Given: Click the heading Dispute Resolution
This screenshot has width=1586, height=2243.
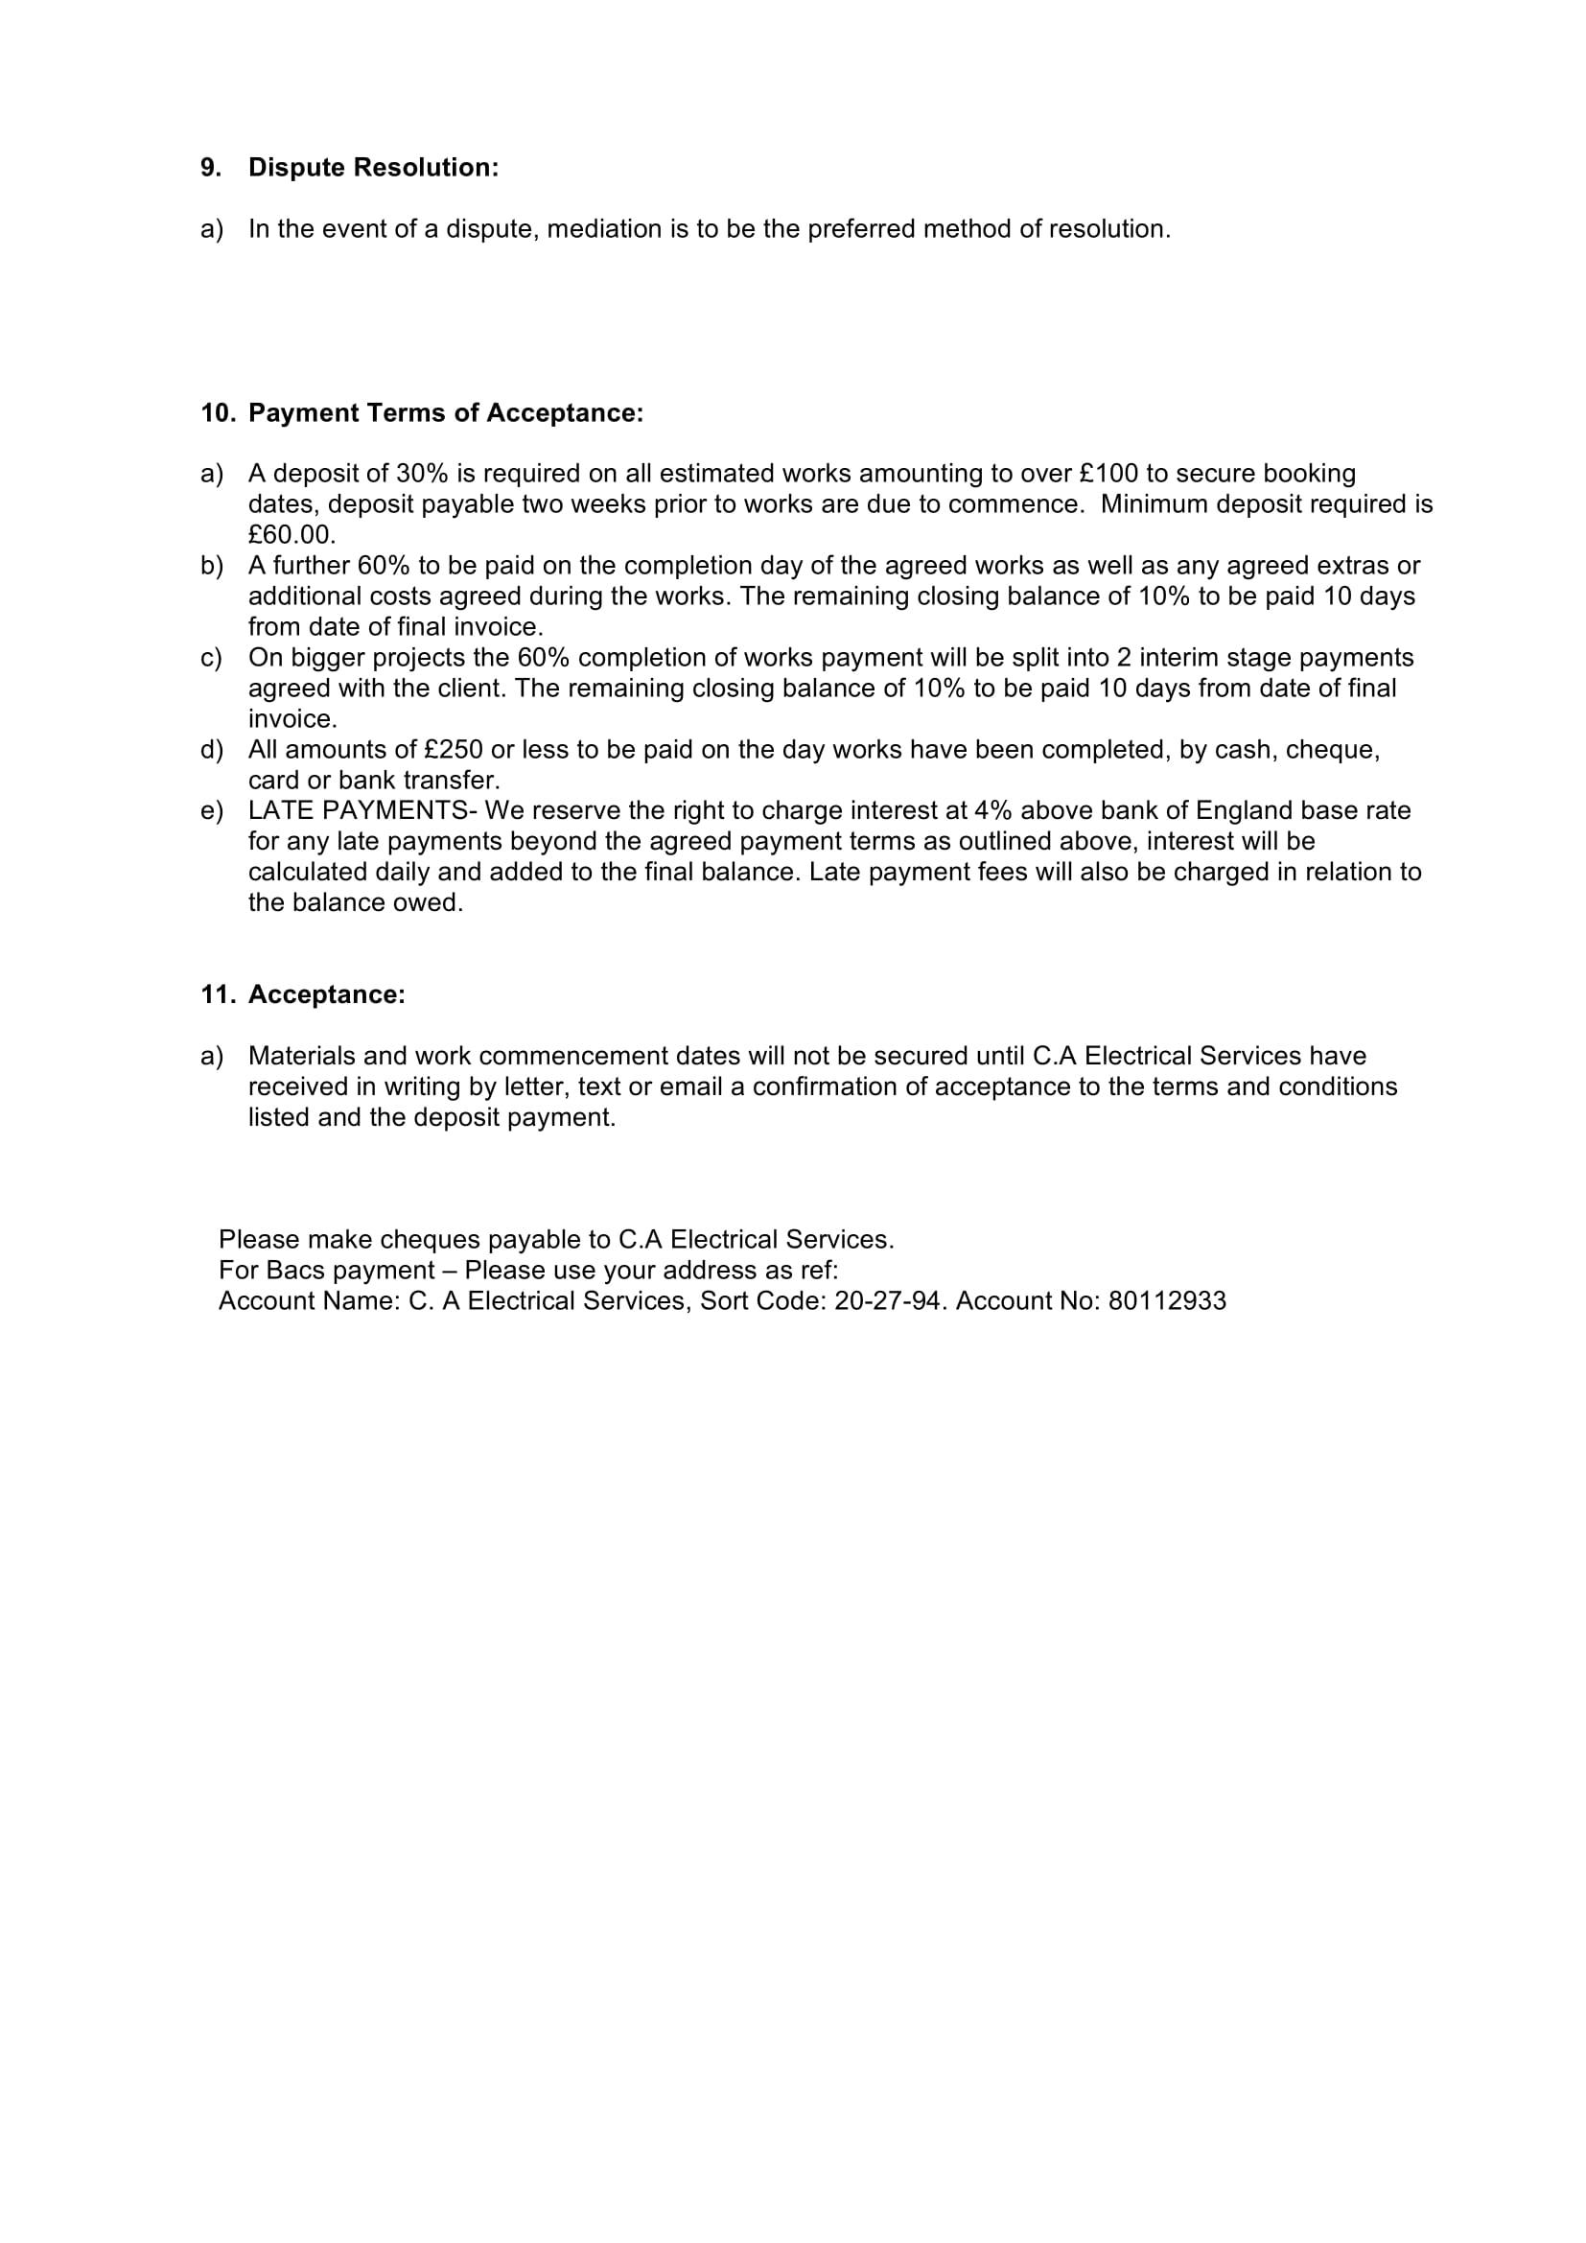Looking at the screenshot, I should (373, 168).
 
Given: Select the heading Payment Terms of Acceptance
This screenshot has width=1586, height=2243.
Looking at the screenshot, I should (445, 413).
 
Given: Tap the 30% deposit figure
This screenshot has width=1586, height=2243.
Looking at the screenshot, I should (421, 474).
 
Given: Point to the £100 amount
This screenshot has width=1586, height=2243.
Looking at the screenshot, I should (1109, 474).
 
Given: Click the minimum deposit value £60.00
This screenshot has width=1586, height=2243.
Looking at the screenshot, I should (292, 535).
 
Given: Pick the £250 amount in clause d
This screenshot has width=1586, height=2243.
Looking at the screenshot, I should (455, 750).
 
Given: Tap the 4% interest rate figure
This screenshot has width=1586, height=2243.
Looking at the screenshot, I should (993, 811).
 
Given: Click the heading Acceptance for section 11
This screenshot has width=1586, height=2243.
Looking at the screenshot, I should (326, 995).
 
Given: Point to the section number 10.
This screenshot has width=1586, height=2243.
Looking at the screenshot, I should (218, 413).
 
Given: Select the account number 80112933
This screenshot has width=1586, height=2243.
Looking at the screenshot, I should (1167, 1301).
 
